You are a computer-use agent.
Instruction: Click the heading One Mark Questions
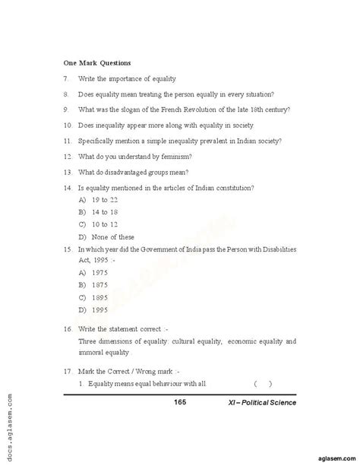97,62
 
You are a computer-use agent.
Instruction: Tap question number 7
67,78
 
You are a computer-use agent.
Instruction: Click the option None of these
112,237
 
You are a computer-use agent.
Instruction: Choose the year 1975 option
100,271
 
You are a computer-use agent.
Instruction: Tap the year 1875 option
100,284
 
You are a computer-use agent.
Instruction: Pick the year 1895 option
100,297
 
